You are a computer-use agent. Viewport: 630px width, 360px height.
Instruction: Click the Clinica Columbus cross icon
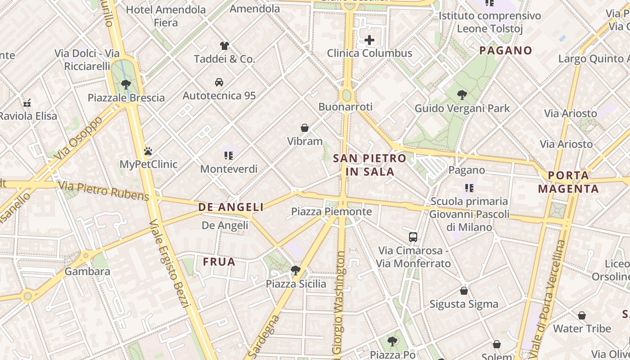369,40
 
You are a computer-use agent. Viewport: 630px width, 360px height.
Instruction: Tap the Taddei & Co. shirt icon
225,45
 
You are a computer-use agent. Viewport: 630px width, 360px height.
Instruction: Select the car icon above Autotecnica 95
219,82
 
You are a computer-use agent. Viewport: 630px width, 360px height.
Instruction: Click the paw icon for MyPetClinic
148,151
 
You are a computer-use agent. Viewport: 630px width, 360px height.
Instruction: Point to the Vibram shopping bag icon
305,128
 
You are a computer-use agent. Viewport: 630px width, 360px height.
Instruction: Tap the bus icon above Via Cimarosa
413,237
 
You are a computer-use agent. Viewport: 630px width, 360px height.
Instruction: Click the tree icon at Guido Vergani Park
462,95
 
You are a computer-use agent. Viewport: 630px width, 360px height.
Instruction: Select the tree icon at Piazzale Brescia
126,84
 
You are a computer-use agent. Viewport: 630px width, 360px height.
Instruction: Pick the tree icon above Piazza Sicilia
296,270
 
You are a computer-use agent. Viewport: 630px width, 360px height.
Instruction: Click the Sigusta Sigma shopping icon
464,291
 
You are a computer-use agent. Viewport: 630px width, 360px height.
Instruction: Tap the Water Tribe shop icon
582,315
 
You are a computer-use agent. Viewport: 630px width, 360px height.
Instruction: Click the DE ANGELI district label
231,207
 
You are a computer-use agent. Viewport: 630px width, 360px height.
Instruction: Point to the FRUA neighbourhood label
219,262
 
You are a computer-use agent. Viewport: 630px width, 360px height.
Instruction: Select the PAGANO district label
506,50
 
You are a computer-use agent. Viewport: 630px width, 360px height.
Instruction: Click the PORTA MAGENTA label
569,182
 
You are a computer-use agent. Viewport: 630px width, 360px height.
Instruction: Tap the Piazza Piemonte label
332,211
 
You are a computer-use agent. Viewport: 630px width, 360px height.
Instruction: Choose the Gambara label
87,271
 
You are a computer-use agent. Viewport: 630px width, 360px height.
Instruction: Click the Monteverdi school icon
229,156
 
